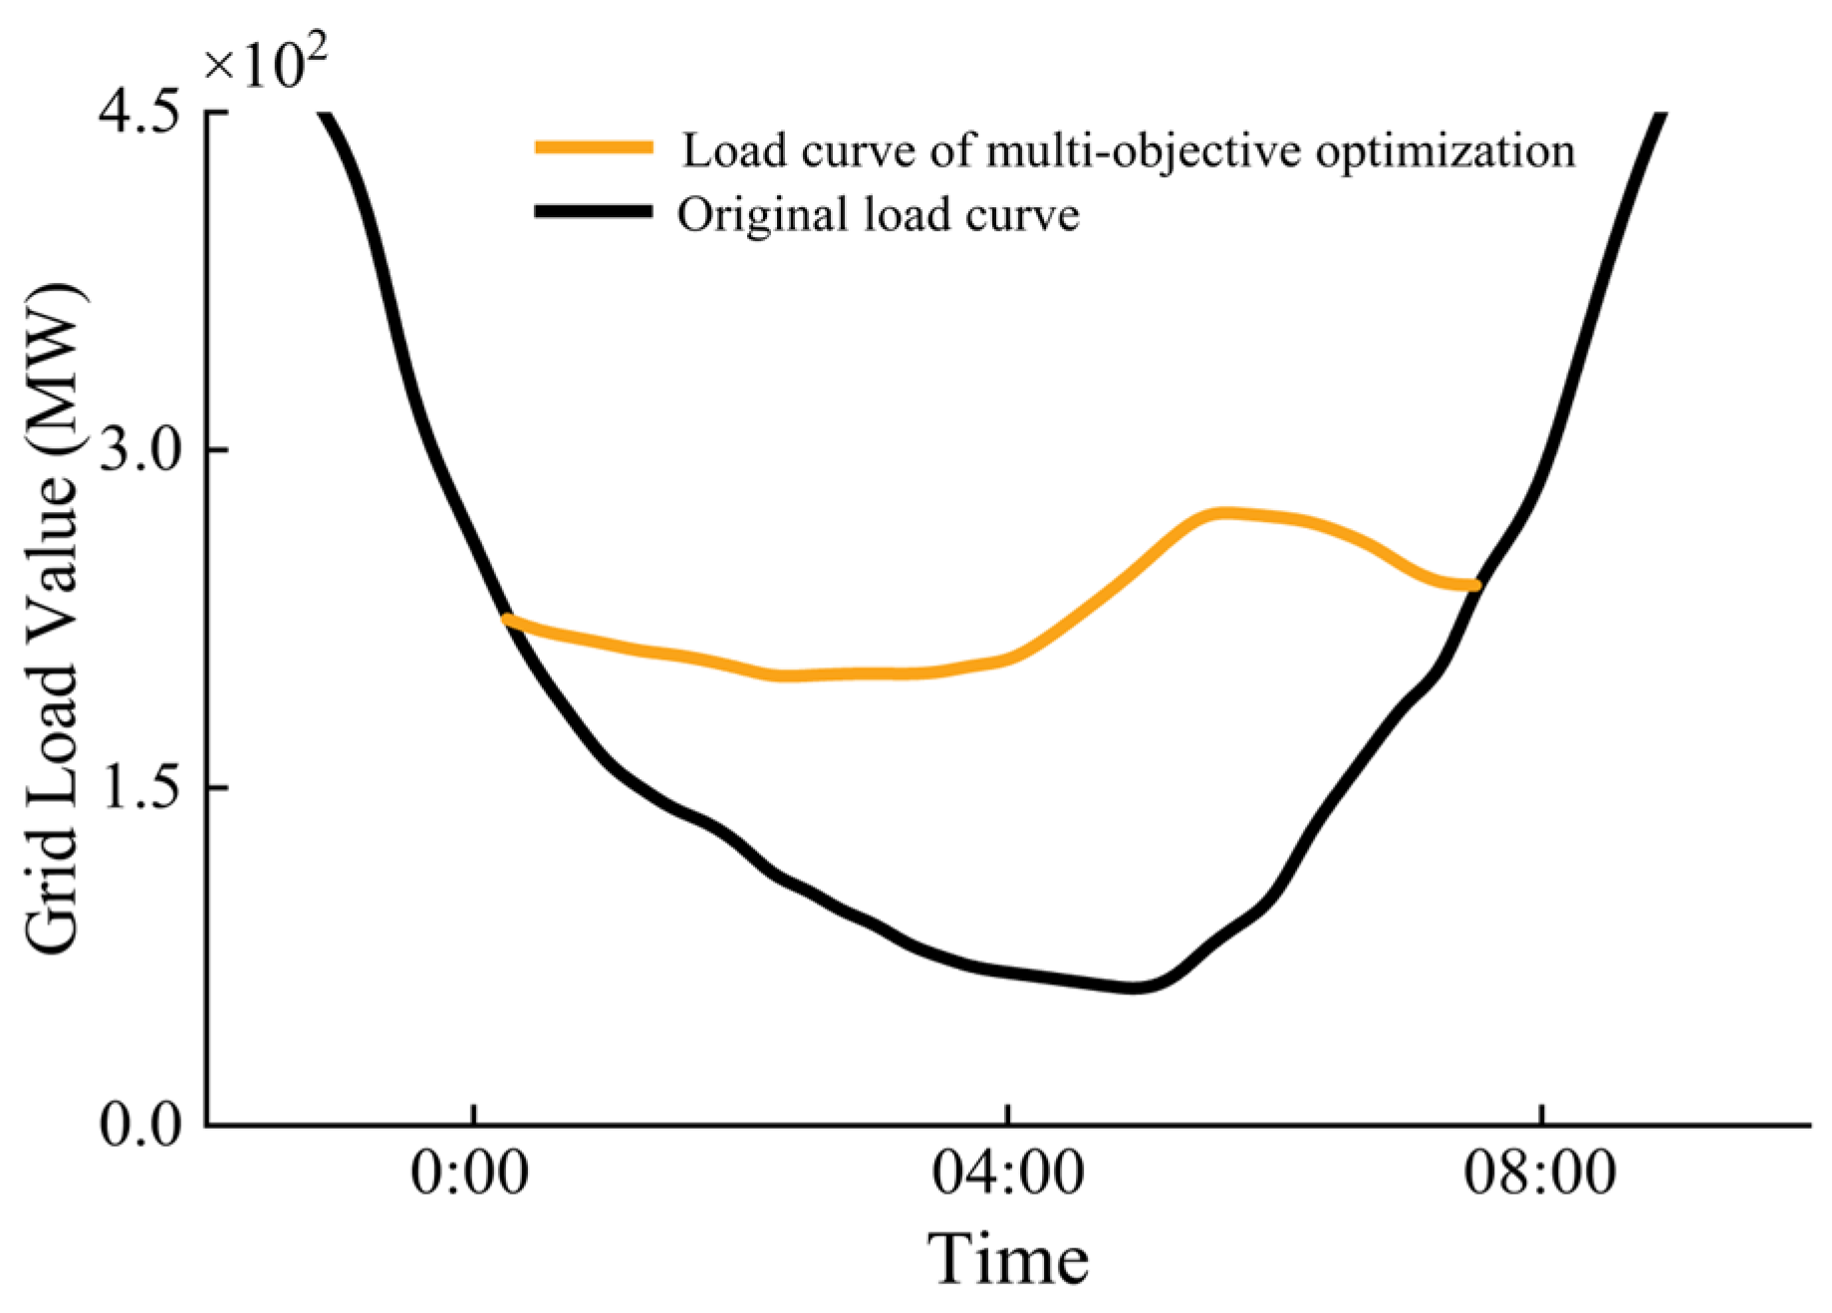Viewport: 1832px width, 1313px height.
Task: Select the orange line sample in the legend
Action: pyautogui.click(x=594, y=147)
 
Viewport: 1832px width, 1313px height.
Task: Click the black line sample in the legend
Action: pyautogui.click(x=594, y=211)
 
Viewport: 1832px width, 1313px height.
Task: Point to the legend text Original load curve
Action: pyautogui.click(x=879, y=213)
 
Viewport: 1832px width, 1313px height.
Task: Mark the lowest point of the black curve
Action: pyautogui.click(x=1136, y=986)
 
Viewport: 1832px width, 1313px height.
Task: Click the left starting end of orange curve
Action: pyautogui.click(x=508, y=620)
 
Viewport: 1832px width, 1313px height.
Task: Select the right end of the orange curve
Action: pyautogui.click(x=1475, y=585)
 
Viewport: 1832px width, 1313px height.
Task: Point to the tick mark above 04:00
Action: pyautogui.click(x=1008, y=1115)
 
